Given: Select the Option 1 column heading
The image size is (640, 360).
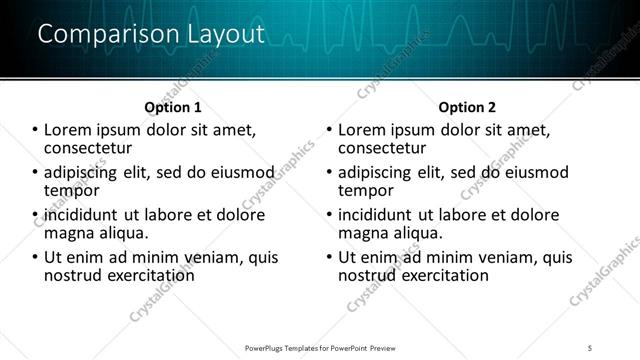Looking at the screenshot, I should pos(173,107).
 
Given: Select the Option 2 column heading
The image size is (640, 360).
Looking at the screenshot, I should pos(466,107).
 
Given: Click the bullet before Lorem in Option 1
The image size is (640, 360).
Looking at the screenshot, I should pos(36,130).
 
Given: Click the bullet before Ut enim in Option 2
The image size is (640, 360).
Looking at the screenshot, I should pos(329,257).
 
